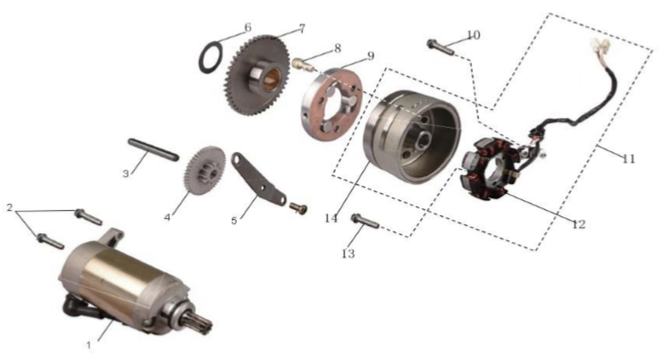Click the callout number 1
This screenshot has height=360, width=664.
coord(88,346)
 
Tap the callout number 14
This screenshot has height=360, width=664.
coord(332,218)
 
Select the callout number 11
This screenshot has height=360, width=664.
coord(629,158)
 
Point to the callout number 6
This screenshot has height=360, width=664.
coord(248,27)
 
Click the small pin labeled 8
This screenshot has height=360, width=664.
coord(301,64)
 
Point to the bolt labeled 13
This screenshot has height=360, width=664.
coord(365,221)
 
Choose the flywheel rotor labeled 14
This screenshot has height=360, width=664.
coord(412,137)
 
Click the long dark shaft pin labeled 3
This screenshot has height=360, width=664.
coord(154,149)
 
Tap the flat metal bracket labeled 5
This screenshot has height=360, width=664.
coord(258,179)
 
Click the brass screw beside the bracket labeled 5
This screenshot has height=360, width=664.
coord(298,208)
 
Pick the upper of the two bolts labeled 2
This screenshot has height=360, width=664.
coord(88,216)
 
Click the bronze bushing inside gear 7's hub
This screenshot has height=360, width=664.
coord(272,80)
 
